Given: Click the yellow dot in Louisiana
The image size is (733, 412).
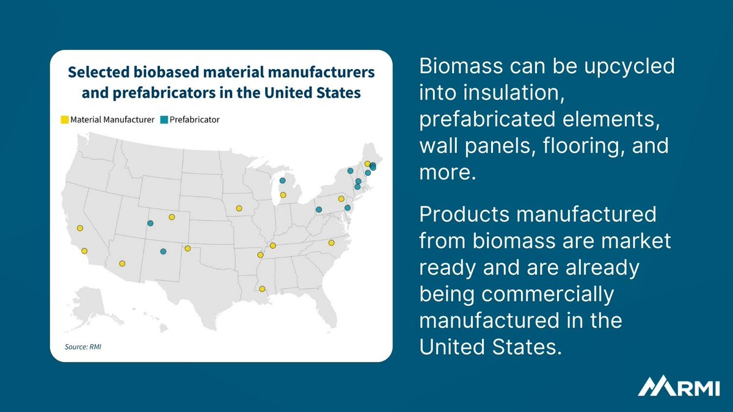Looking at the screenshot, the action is click(262, 289).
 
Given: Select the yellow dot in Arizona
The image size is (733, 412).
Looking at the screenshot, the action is click(122, 263).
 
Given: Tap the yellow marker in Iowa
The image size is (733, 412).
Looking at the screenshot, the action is click(239, 208).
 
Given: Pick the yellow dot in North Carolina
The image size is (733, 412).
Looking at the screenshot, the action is click(331, 243).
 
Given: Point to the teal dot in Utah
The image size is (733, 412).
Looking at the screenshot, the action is click(150, 223).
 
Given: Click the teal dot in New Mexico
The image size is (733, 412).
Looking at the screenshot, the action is click(163, 251).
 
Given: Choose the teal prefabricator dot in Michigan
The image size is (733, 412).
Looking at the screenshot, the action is click(282, 181).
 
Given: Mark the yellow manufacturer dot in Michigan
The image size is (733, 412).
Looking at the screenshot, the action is click(283, 195).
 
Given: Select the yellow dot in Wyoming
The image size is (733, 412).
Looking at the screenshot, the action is click(172, 217).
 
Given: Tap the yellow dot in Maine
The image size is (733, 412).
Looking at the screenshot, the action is click(367, 164).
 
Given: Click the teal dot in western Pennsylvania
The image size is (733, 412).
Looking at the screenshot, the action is click(319, 209).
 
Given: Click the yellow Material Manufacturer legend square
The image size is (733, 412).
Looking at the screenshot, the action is click(65, 120).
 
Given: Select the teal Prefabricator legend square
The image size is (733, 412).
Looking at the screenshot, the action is click(164, 120).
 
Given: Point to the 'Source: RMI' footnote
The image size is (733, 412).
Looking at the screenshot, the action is click(83, 347).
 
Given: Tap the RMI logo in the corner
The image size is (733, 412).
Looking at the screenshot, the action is click(679, 386).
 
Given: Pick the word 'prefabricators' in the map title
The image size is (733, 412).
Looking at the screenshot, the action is click(164, 93).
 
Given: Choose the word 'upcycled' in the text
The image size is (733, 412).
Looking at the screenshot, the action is click(629, 67).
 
